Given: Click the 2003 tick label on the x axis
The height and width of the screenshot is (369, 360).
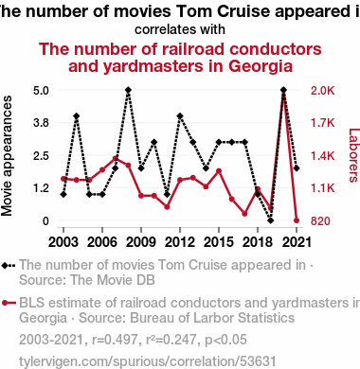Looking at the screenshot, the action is coord(63,242).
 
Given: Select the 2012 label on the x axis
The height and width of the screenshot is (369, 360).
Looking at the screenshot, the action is coord(180,242).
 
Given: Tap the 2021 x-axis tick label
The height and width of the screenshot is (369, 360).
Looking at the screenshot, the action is coord(297,242).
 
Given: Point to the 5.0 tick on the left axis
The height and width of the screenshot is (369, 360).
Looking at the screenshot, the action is coord(41,91).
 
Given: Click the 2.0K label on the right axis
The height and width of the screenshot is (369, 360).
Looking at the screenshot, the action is coord(322,91).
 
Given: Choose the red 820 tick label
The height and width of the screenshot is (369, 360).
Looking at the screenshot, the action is coord(320,221).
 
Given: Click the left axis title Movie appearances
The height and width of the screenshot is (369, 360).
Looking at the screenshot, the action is coord(7,156).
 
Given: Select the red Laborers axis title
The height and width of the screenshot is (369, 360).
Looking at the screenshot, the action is coord(354,155).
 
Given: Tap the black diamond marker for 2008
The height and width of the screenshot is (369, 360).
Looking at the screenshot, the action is coord(128,90).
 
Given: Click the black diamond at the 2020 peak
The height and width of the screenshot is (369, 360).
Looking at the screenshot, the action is coord(283,90).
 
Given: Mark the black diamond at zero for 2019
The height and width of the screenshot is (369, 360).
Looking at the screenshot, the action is coord(271,220).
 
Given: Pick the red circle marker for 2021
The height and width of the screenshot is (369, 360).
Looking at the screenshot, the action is coord(297,220).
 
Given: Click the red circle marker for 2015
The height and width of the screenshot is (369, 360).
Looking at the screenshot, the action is coord(219,171).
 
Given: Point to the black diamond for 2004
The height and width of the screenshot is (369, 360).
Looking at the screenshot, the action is coord(76,116).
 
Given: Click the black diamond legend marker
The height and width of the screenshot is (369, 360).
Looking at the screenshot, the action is coord(5,266).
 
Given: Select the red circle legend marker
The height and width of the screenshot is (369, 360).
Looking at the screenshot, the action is coord(5,303).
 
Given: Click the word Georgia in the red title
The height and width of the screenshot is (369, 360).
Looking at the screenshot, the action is coord(261,66).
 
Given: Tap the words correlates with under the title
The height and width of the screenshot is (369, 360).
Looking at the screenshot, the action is coord(180,29).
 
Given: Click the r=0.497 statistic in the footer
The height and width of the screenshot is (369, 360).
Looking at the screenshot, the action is coord(115,340).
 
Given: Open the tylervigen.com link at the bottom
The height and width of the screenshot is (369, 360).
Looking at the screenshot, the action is coord(148,361).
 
